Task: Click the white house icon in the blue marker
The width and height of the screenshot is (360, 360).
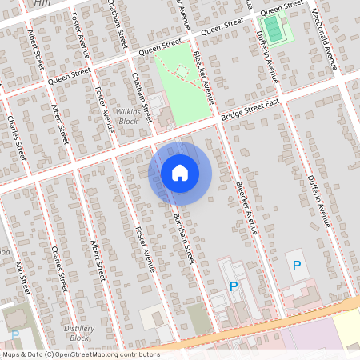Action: click(x=180, y=172)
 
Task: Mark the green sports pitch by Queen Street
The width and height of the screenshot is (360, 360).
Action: click(x=275, y=30)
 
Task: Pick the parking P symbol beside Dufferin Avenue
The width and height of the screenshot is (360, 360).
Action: click(x=297, y=266)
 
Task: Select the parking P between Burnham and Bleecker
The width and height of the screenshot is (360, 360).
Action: click(x=234, y=286)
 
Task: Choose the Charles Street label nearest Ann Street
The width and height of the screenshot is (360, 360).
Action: click(x=58, y=270)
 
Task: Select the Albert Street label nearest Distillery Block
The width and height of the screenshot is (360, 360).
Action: click(x=98, y=261)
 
